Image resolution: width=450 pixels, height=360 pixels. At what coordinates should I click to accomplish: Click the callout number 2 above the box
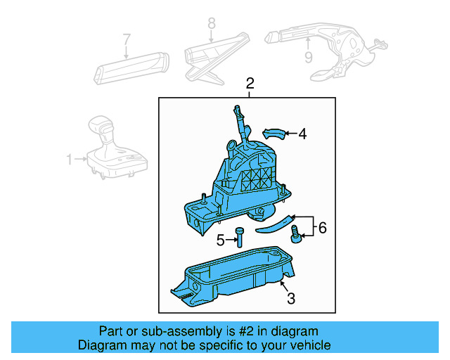(250, 85)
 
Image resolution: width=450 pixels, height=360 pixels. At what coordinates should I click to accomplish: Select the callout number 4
(302, 133)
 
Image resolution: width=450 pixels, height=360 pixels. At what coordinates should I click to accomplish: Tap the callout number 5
(220, 240)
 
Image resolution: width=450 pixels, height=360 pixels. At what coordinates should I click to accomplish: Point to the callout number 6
(323, 227)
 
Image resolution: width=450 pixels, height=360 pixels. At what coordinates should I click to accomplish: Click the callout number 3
(290, 298)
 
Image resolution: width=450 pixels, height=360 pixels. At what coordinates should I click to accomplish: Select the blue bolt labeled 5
(240, 237)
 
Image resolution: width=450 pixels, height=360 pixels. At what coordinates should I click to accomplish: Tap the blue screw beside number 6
(297, 233)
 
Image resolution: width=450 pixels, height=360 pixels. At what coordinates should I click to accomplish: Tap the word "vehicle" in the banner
(309, 345)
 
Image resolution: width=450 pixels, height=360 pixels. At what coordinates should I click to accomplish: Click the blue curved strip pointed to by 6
(273, 224)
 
